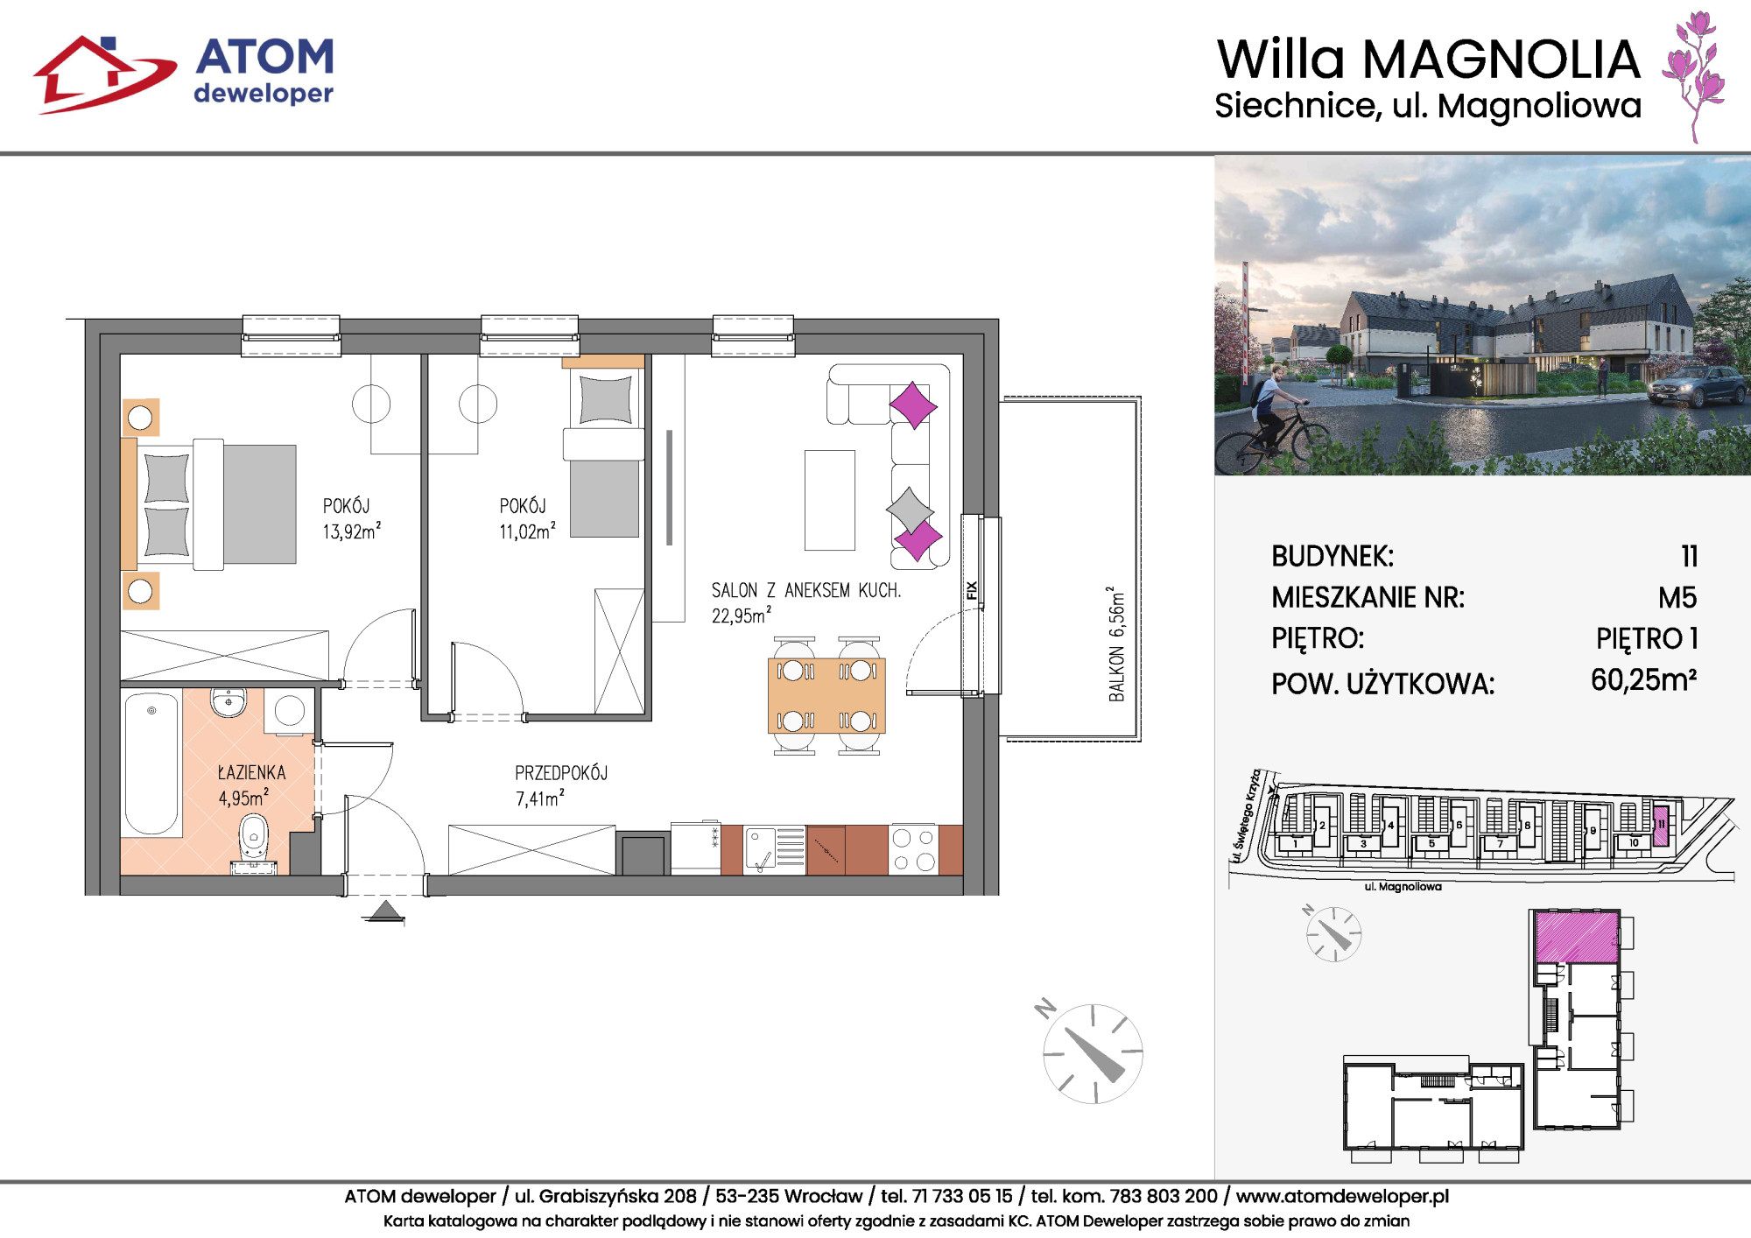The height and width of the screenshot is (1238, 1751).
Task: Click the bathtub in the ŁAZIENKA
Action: click(x=151, y=763)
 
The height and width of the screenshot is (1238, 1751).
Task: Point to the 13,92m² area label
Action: click(x=351, y=531)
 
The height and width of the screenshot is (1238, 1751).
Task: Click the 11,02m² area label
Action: click(x=527, y=531)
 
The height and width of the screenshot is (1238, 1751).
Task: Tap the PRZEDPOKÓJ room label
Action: click(x=561, y=773)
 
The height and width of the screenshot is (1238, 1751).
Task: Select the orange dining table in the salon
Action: click(x=826, y=695)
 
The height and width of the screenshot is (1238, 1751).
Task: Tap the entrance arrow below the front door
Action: click(x=384, y=912)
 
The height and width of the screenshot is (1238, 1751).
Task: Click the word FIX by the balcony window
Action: click(x=971, y=590)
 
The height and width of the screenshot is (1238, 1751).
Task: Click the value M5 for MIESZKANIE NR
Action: click(x=1677, y=598)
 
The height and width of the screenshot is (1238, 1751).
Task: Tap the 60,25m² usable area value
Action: click(x=1644, y=680)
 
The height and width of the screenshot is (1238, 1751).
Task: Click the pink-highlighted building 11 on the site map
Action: click(x=1660, y=824)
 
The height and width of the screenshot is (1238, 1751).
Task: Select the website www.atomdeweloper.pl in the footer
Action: click(x=1342, y=1196)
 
